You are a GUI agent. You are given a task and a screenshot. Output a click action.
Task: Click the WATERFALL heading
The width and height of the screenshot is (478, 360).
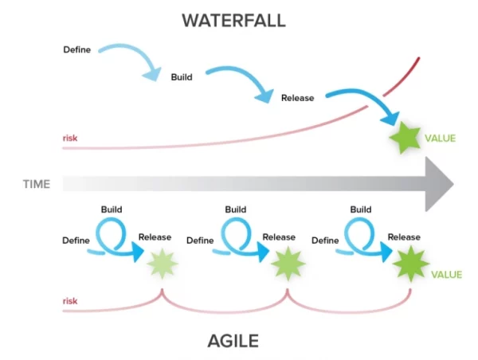pos(233,20)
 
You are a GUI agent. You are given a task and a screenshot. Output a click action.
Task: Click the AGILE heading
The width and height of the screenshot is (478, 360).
pos(233,342)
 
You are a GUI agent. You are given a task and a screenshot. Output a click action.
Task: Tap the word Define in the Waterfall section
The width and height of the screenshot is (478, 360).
pos(77,49)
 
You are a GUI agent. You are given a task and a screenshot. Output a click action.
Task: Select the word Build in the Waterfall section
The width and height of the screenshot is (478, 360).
pos(182,77)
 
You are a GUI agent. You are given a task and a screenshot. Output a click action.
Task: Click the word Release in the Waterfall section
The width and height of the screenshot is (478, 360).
pos(297,98)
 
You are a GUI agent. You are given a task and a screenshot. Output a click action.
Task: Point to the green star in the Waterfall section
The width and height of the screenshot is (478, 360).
pos(406,139)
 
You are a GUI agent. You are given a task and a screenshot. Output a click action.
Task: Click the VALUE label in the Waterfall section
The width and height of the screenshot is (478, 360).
pos(440,139)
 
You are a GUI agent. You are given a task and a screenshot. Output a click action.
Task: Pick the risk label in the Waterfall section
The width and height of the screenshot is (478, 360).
pos(69,139)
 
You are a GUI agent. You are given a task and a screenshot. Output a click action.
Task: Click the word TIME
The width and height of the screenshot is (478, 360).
pos(36,184)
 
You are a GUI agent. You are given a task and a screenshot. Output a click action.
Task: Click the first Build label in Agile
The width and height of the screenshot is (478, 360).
pos(111,209)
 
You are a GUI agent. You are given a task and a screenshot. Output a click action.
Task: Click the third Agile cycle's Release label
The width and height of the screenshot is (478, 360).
pos(404,237)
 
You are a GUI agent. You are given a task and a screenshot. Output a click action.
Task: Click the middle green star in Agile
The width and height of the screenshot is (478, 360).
pos(285,263)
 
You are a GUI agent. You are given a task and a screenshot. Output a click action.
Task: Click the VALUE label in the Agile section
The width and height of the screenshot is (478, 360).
pos(446,275)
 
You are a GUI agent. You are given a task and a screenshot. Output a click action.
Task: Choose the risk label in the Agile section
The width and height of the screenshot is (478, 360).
pos(69,301)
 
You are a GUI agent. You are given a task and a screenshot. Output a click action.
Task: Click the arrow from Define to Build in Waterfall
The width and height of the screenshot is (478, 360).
pos(131,60)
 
